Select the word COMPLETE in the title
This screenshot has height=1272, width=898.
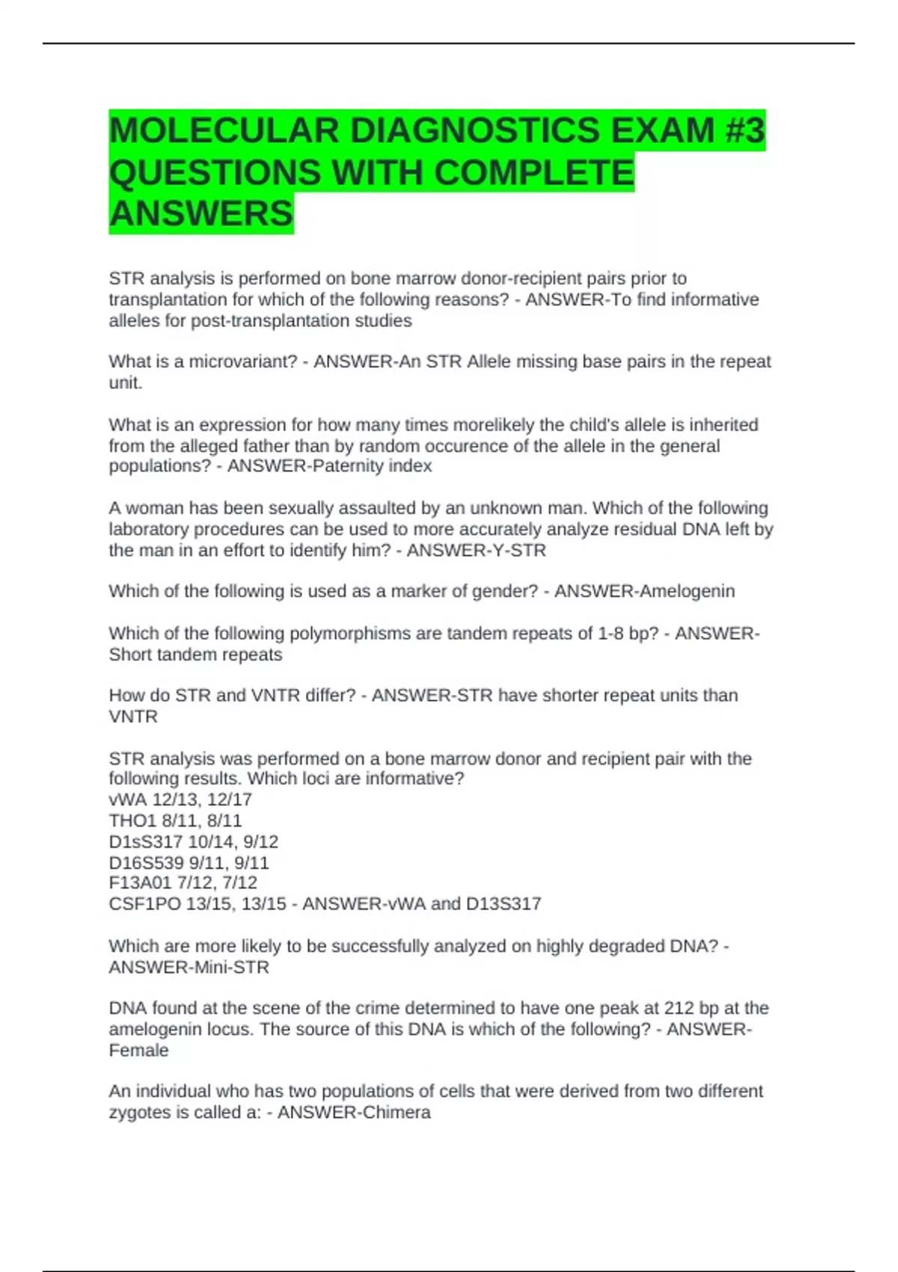pos(534,173)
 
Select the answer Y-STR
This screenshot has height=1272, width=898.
pos(519,551)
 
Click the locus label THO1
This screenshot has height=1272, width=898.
pos(132,821)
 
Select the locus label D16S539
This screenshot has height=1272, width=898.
pos(146,863)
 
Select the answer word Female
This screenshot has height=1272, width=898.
pos(138,1051)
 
